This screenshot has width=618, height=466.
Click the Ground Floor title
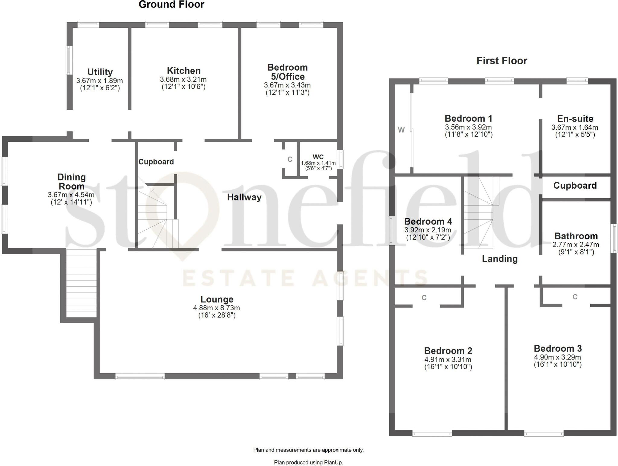171,5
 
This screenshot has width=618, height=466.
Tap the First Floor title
502,61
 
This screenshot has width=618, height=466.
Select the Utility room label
100,72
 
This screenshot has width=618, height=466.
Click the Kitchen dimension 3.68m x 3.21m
183,80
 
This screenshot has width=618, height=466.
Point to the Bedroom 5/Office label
287,72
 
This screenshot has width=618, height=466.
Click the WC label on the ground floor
318,157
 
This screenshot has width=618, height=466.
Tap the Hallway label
244,197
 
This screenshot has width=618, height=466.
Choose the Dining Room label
72,181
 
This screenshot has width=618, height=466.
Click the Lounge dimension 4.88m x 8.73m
216,308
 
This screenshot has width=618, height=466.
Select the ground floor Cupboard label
156,162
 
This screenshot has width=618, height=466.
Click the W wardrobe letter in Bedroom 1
401,130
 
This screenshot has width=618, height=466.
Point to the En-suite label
575,119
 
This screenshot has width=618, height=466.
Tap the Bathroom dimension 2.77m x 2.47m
575,245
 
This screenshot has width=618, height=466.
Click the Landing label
499,259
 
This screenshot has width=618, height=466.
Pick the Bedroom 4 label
428,222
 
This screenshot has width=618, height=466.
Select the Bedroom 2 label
448,351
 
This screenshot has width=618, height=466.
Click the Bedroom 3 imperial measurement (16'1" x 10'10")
558,364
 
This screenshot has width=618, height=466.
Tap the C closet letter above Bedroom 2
424,298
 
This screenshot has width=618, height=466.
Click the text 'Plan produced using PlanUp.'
308,462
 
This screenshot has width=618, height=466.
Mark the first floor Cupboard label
575,185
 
